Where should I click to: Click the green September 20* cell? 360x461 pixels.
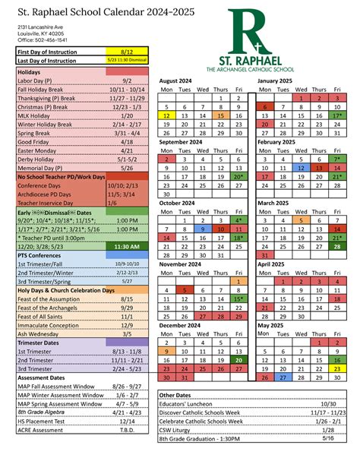238,176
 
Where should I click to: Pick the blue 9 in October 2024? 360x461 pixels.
202,228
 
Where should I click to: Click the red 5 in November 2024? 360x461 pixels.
185,290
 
